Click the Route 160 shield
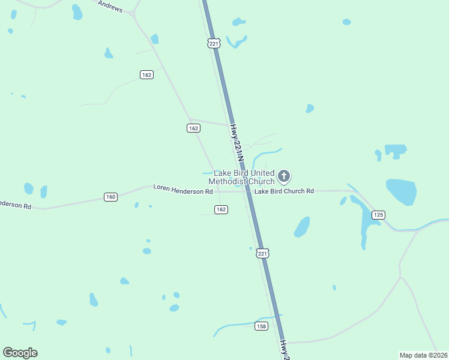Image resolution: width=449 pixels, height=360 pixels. (x=110, y=197)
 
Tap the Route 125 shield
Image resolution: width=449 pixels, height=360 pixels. (x=378, y=215)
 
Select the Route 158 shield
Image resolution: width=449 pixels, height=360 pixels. (x=261, y=326)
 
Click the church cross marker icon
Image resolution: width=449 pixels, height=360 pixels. (x=284, y=176)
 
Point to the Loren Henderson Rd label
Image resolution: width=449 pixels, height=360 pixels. (x=183, y=190)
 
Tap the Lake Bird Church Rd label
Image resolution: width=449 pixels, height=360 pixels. (x=284, y=191)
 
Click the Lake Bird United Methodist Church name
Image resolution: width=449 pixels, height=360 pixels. (x=242, y=177)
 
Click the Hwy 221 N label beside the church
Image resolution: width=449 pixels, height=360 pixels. (x=238, y=142)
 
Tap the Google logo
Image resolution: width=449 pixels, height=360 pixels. (x=20, y=353)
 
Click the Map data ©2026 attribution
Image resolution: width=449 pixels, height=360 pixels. (x=423, y=355)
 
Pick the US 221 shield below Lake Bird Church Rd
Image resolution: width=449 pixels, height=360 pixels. (x=262, y=253)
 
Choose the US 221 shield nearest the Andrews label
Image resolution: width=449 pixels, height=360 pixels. (x=214, y=43)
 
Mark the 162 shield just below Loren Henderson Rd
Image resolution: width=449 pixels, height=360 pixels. (x=221, y=209)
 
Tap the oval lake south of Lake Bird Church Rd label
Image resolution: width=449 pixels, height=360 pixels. (x=302, y=227)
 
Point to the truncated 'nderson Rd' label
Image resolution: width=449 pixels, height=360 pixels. (x=16, y=205)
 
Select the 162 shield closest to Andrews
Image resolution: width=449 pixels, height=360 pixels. (x=146, y=75)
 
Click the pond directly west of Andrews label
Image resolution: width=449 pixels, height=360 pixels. (x=77, y=11)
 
